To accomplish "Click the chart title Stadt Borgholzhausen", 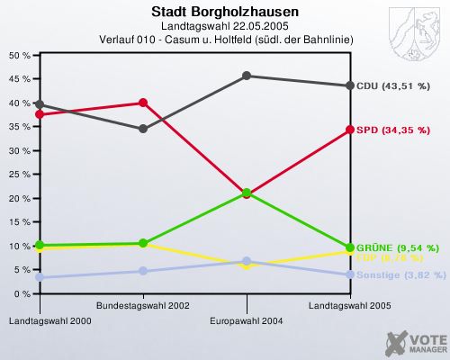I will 225,13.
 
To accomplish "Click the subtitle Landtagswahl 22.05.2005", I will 225,27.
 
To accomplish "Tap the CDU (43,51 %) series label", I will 392,85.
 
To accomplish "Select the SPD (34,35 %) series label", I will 392,130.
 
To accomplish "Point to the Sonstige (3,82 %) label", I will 400,274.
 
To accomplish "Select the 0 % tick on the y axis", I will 21,293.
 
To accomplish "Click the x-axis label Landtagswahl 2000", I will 39,320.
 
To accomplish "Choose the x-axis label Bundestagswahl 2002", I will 142,306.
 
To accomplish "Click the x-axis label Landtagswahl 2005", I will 349,306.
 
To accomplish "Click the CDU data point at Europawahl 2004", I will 246,76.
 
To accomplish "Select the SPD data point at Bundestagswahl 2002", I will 142,103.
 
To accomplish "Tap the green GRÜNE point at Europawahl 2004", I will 246,193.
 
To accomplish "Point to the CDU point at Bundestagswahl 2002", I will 142,129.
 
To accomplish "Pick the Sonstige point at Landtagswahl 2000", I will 39,277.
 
